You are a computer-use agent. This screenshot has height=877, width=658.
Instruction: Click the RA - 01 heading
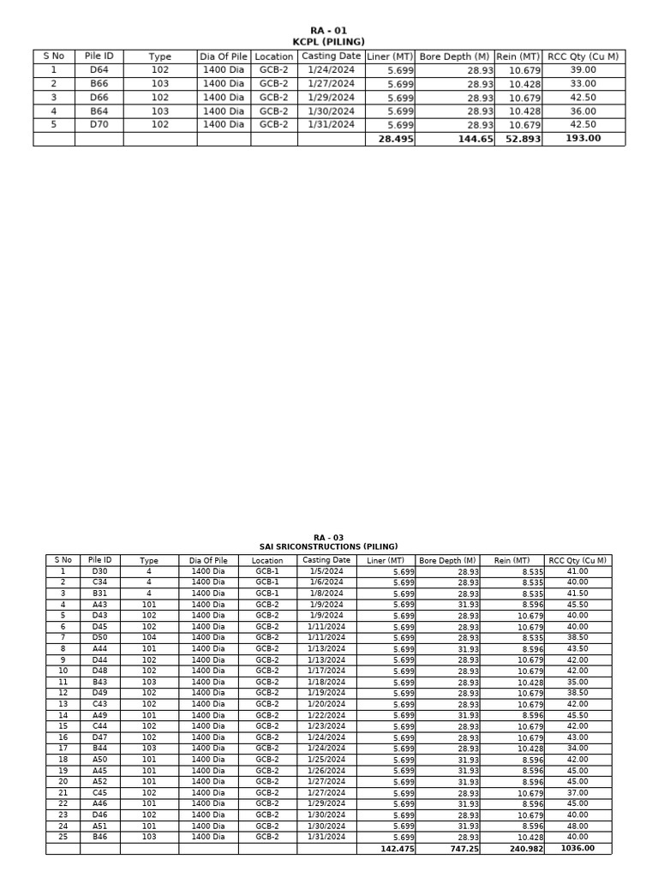328,31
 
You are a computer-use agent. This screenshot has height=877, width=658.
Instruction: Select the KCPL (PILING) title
328,42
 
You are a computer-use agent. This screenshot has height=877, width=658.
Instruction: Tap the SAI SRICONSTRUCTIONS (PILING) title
328,546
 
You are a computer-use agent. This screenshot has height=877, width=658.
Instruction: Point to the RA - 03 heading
328,538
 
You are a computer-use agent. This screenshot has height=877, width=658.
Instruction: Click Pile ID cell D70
99,124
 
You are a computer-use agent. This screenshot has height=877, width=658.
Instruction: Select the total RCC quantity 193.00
583,139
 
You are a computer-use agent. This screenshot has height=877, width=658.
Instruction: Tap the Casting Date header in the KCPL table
331,57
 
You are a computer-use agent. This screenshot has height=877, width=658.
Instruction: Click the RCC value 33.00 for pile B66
583,84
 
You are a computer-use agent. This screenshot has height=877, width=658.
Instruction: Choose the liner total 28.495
390,139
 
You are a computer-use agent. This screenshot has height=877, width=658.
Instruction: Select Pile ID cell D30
99,571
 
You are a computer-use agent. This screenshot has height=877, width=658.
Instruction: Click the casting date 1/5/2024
326,571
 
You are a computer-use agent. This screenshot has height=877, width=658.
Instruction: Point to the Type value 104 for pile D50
148,638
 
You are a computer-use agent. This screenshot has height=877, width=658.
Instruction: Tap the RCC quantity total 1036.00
577,849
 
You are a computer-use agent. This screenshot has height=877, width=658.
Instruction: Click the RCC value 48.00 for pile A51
577,826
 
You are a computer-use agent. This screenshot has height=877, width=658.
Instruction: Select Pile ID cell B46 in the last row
99,837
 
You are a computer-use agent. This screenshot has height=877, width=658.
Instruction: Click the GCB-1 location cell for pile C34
267,582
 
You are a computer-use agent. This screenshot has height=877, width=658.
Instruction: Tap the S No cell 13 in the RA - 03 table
63,705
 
